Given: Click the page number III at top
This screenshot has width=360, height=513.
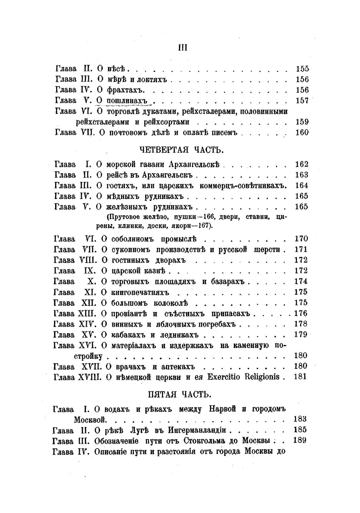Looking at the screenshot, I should point(183,48).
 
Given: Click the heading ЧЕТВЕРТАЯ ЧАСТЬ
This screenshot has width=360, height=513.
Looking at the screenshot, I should point(181,149).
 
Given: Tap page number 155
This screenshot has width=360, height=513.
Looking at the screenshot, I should point(302,69).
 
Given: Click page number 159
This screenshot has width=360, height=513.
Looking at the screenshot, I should point(302,122).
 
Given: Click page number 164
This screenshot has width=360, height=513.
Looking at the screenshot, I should point(301,186).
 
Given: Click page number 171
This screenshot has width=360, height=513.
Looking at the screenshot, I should point(301,249).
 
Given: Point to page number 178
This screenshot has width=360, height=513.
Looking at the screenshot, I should point(301,324).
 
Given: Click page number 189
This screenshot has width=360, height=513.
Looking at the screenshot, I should point(300,440).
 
